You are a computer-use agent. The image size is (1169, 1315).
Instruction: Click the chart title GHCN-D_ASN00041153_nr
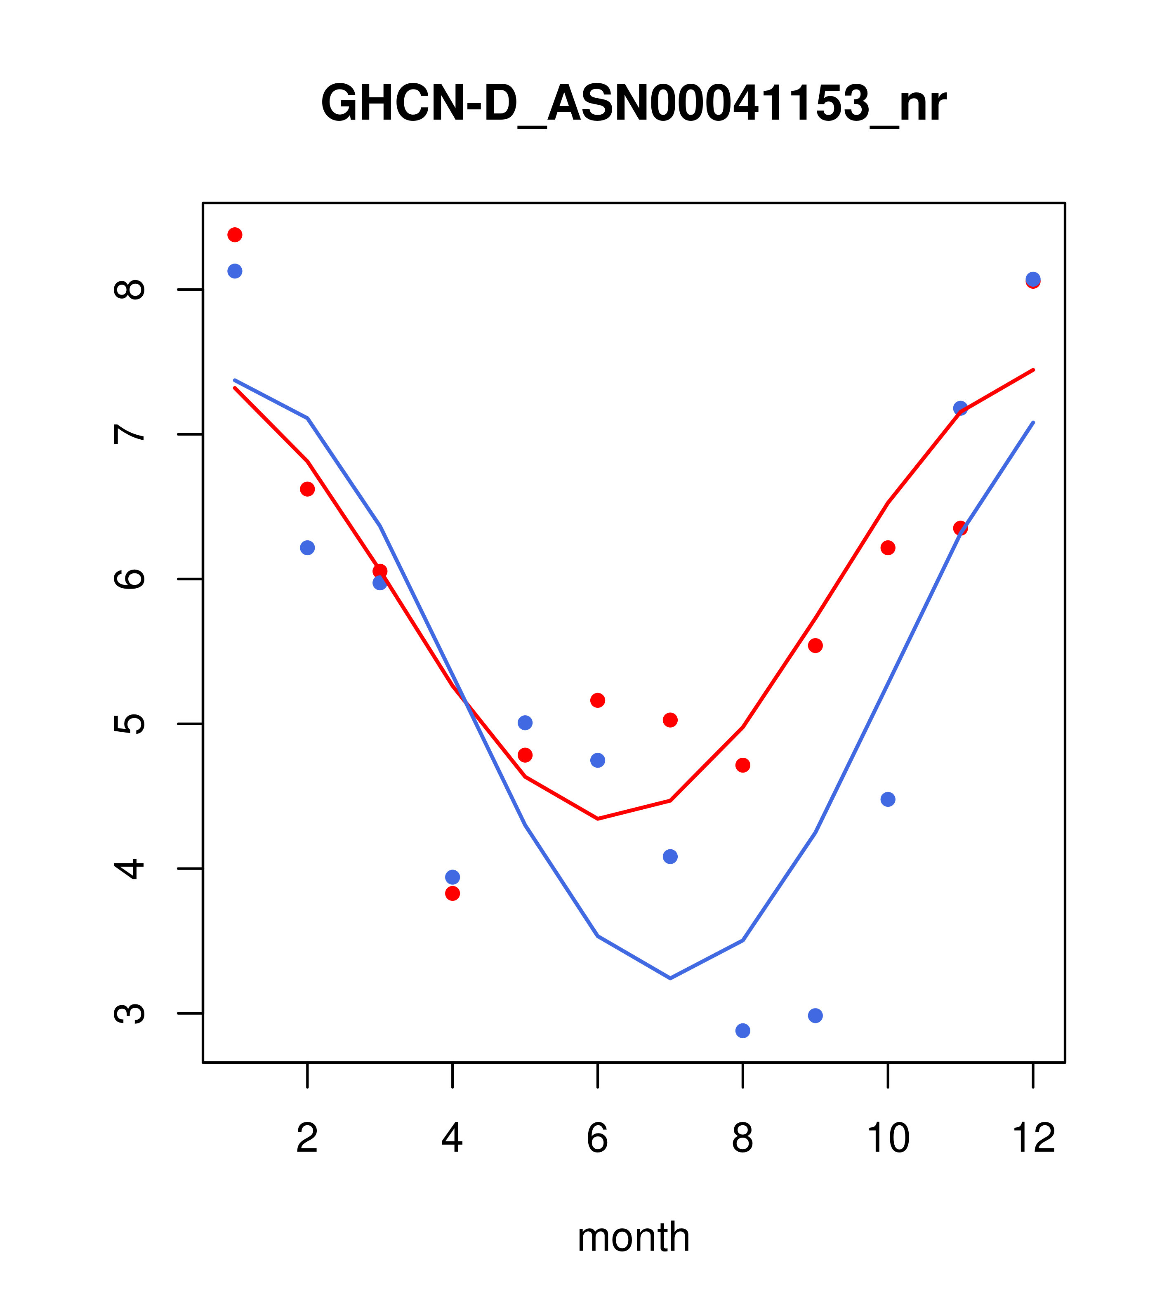click(633, 104)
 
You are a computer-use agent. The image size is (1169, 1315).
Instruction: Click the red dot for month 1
click(235, 235)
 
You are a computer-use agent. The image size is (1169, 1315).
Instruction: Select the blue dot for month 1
click(235, 271)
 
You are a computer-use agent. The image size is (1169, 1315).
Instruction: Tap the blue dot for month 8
click(742, 1031)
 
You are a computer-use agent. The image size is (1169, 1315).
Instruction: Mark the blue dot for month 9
click(815, 1015)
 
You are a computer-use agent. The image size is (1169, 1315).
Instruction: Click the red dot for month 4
click(452, 893)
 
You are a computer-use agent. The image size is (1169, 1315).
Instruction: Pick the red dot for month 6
click(598, 700)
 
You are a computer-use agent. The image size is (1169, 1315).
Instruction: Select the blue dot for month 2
click(308, 547)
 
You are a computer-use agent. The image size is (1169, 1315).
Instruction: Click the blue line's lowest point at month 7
click(670, 978)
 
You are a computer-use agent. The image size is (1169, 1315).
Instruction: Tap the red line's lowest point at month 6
click(598, 819)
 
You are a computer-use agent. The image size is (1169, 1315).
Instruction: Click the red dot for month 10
click(888, 547)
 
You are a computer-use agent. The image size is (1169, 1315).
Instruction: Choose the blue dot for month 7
click(670, 856)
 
